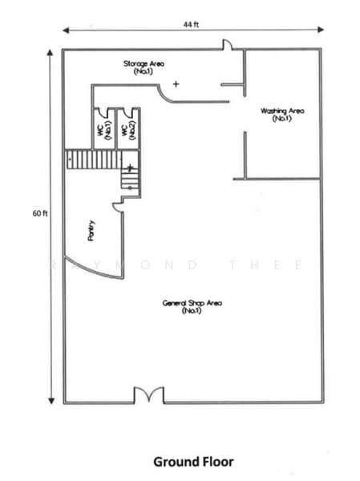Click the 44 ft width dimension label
[x=191, y=25]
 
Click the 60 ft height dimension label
[x=40, y=213]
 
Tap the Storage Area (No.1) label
[x=144, y=67]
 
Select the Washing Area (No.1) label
[x=282, y=115]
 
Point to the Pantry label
[x=91, y=231]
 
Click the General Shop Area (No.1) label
[x=192, y=306]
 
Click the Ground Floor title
[x=193, y=462]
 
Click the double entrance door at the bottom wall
[x=149, y=394]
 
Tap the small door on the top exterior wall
[x=227, y=44]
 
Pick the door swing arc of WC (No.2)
[x=127, y=113]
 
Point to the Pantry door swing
[x=119, y=208]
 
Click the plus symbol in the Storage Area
[x=176, y=83]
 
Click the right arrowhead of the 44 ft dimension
[x=321, y=30]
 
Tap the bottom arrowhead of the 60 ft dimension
[x=51, y=401]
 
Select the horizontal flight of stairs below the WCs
[x=95, y=159]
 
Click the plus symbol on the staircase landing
[x=130, y=168]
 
